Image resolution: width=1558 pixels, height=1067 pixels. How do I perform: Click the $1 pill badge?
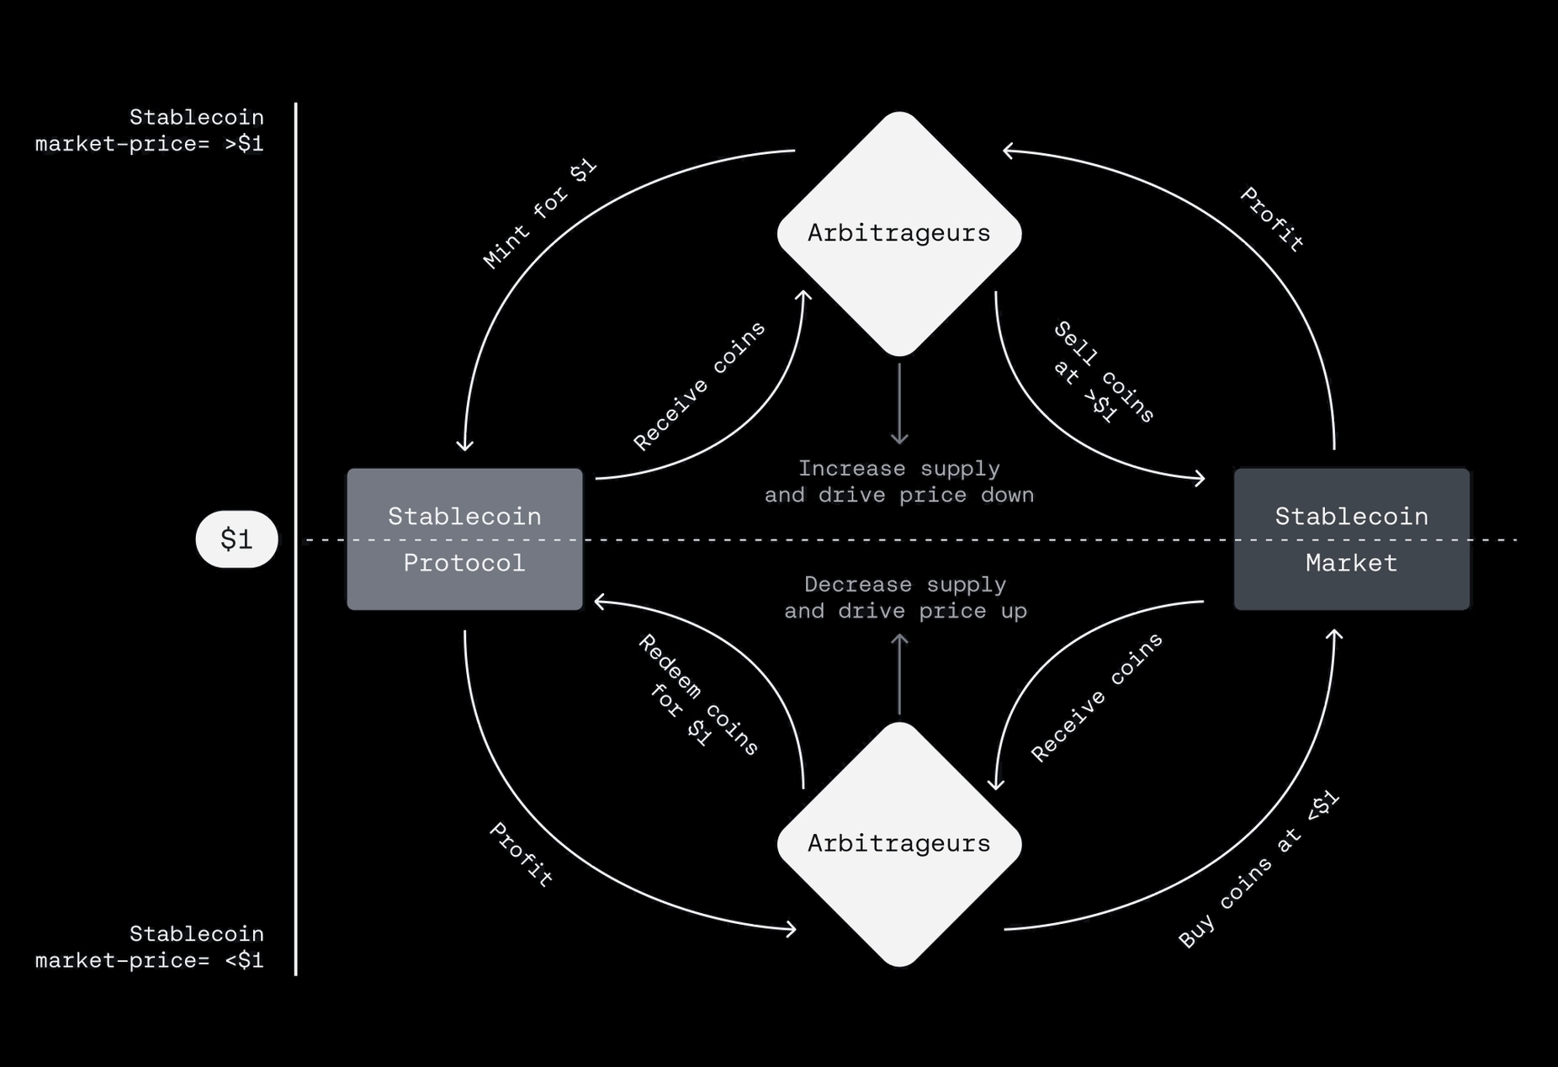(236, 539)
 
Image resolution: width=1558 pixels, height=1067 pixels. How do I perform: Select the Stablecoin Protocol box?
(464, 539)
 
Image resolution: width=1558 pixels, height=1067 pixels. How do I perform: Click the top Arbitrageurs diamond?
(898, 233)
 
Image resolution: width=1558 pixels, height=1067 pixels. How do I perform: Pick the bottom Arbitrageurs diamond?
(898, 843)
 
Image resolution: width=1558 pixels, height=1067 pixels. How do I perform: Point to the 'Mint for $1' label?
(540, 214)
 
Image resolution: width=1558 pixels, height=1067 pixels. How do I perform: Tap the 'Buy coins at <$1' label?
(1258, 870)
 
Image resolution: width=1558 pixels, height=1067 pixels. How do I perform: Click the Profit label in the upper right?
(1272, 220)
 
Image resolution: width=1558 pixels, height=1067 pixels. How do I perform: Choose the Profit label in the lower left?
(522, 855)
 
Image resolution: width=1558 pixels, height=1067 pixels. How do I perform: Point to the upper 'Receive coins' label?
(699, 386)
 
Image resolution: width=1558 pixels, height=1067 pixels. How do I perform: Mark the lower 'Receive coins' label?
(1097, 698)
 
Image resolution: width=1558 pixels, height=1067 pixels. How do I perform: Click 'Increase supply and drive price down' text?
(898, 481)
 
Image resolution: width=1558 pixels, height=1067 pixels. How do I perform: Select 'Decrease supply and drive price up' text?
(905, 597)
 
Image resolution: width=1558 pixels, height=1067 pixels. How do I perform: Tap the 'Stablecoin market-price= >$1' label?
(150, 130)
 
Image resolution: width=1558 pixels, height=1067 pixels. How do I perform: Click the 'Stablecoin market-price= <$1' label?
(150, 947)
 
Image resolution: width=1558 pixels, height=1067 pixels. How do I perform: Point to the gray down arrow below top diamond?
(899, 404)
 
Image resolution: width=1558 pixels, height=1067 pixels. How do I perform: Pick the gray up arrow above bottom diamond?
(899, 674)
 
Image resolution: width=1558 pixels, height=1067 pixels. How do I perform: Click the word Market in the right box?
(1351, 563)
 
